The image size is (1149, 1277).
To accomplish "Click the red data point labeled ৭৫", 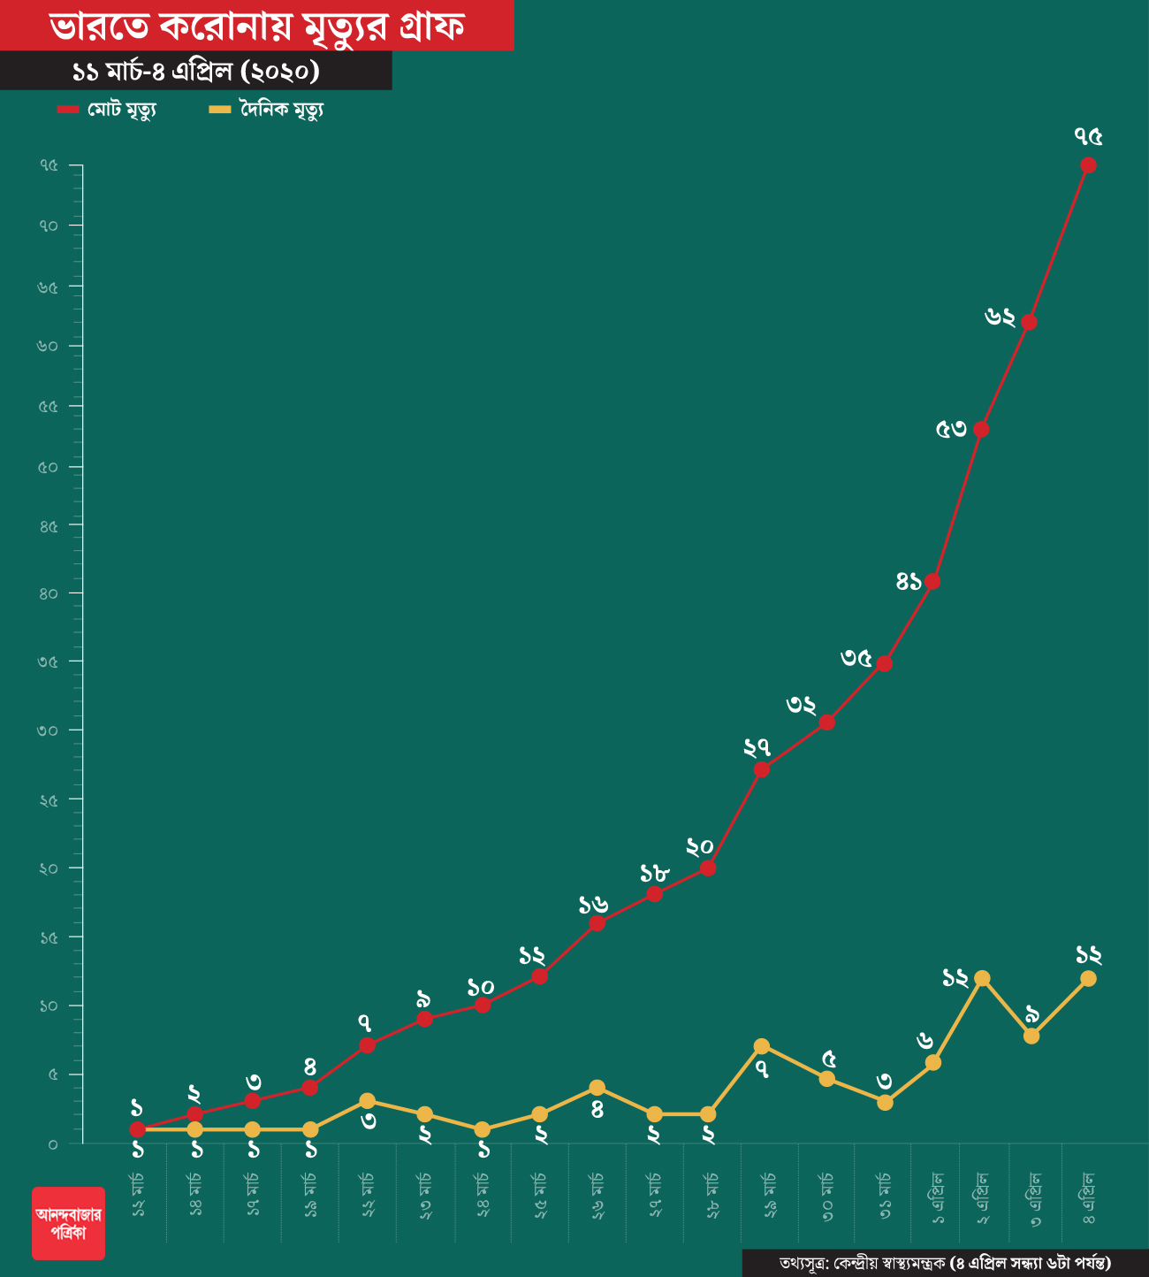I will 1088,165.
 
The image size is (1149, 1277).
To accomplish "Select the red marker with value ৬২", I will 1029,322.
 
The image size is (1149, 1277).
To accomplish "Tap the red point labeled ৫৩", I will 981,430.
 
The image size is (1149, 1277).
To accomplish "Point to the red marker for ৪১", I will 932,582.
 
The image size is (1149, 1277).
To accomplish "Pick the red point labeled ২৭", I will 762,769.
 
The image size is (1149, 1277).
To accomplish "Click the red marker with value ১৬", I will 597,923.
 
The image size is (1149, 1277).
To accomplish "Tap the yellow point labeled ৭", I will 762,1046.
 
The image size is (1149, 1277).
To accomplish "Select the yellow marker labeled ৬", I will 932,1062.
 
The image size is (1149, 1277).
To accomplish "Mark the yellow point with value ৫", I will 826,1079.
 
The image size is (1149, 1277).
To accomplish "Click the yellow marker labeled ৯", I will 1031,1036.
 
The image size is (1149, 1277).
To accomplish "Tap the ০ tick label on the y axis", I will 53,1144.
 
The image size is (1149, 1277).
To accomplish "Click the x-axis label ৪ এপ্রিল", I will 1089,1197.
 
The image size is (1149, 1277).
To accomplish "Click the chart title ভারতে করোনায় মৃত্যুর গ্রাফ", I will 256,27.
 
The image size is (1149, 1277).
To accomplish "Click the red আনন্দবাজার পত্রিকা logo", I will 68,1222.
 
